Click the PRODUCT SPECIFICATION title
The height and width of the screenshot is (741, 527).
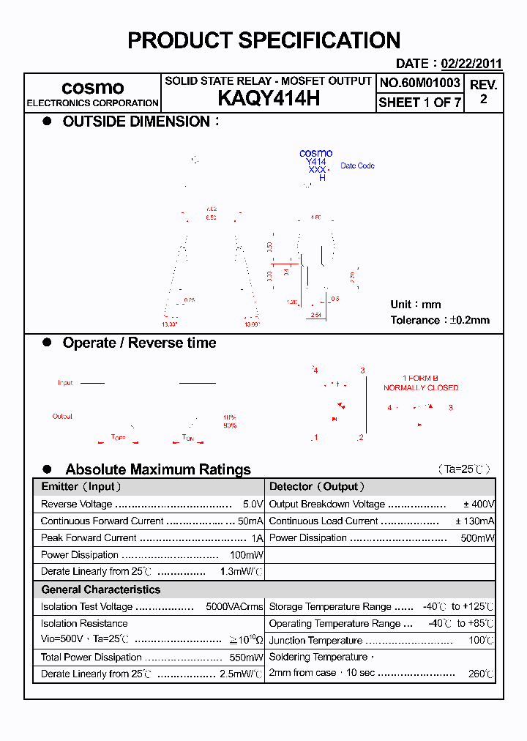(263, 40)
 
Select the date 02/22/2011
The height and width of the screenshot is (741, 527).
(471, 64)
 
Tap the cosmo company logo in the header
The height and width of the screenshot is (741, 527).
(92, 88)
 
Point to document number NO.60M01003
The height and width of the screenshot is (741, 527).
(420, 83)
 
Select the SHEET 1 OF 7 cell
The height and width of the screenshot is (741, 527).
(420, 103)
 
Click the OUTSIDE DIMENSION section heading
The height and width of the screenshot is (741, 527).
(137, 122)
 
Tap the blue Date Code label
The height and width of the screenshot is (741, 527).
(357, 166)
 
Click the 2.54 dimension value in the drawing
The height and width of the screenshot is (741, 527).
(316, 315)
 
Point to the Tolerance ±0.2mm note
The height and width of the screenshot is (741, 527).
(440, 320)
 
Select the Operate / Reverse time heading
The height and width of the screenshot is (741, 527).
(139, 343)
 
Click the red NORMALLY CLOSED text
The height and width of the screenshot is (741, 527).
(421, 388)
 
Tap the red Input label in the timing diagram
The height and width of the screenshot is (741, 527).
(65, 383)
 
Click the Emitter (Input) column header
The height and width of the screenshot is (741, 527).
(81, 487)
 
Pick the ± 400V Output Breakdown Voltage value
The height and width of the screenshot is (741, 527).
(479, 504)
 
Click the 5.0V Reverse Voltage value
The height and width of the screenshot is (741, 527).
(253, 504)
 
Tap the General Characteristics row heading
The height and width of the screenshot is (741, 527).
(100, 589)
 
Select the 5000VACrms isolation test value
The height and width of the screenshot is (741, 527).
(234, 607)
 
